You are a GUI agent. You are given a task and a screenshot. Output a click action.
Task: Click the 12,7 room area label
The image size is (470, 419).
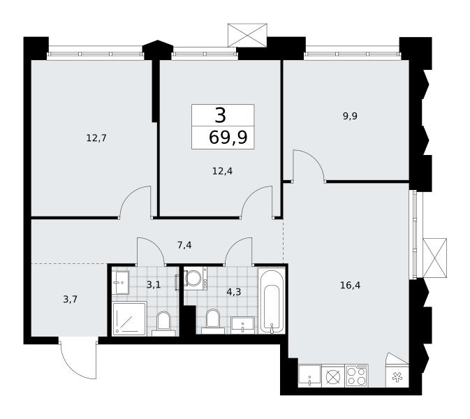pyautogui.click(x=96, y=138)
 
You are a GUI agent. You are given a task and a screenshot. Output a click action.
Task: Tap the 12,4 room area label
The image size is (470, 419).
pyautogui.click(x=222, y=171)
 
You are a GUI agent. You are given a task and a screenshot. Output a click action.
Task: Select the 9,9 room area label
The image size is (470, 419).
pyautogui.click(x=350, y=116)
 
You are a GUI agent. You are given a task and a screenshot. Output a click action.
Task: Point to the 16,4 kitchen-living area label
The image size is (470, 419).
pyautogui.click(x=350, y=285)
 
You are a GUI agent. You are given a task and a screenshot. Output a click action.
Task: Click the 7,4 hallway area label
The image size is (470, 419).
pyautogui.click(x=184, y=246)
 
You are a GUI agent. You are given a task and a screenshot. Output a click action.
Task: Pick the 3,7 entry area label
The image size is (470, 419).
pyautogui.click(x=71, y=299)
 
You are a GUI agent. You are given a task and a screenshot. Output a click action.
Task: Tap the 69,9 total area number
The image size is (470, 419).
pyautogui.click(x=228, y=138)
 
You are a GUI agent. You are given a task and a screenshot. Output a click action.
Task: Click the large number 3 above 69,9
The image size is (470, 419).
pyautogui.click(x=220, y=116)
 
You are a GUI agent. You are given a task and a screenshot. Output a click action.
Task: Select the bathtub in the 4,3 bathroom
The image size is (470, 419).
pyautogui.click(x=272, y=300)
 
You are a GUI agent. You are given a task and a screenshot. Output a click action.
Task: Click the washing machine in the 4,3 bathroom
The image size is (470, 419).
pyautogui.click(x=195, y=279)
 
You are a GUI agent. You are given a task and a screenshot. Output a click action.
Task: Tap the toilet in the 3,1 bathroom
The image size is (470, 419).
pyautogui.click(x=163, y=324)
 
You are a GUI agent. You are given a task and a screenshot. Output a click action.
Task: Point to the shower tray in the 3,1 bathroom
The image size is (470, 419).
pyautogui.click(x=129, y=319)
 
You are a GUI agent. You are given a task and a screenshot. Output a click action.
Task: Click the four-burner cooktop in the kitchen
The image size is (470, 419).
pyautogui.click(x=357, y=376)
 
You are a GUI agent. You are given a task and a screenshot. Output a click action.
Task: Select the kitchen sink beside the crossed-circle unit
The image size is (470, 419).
pyautogui.click(x=309, y=376)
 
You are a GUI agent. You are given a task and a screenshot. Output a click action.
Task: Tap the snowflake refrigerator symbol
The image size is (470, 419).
pyautogui.click(x=397, y=376)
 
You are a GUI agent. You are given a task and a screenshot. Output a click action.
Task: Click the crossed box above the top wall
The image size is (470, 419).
pyautogui.click(x=247, y=35)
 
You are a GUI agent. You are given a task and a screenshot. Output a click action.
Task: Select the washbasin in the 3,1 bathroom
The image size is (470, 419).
pyautogui.click(x=121, y=283)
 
